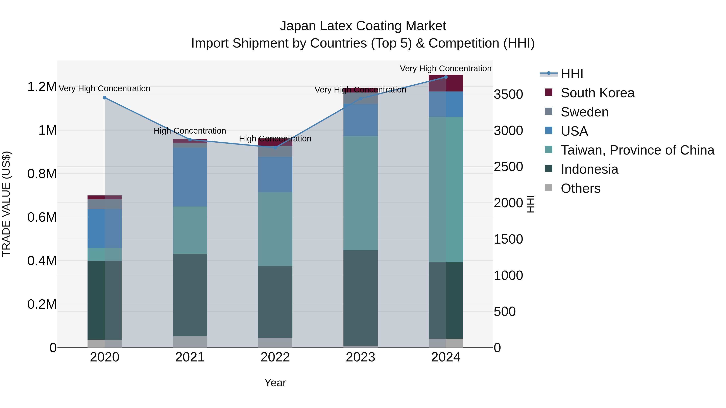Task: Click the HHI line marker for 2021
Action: coord(190,140)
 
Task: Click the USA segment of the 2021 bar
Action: coord(190,177)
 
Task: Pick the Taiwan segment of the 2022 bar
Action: coord(275,229)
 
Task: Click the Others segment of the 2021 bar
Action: coord(190,342)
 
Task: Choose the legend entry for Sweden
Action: coord(584,112)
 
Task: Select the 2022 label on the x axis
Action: coord(275,357)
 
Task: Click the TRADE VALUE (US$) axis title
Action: coord(6,204)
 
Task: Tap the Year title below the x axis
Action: coord(275,383)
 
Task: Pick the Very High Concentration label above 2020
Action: coord(104,88)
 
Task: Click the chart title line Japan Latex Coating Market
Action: coord(363,26)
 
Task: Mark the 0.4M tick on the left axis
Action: coord(42,261)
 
